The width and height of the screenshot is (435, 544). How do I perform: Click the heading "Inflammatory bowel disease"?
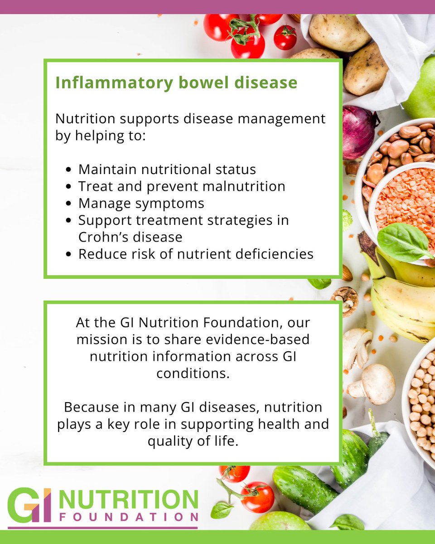[x=176, y=83]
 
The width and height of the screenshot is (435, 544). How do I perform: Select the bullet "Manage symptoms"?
[x=141, y=203]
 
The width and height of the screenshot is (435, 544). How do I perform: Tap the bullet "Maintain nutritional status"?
[x=167, y=170]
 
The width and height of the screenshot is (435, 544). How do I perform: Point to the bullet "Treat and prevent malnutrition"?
[x=182, y=186]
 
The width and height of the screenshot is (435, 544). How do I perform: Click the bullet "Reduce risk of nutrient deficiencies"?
[x=196, y=254]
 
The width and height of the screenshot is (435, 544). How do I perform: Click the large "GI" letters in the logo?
[x=29, y=505]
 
